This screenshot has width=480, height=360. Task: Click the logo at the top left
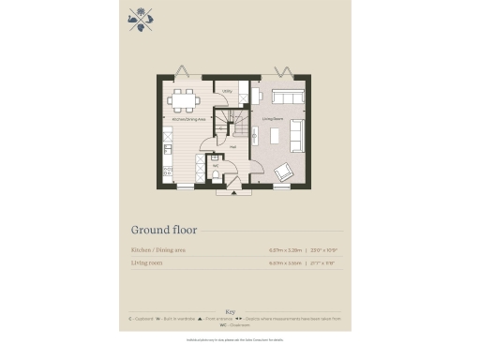pos(140,20)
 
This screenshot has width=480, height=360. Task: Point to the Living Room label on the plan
pos(273,120)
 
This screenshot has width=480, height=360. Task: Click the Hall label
pos(232,147)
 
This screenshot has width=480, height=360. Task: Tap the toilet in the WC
pos(216,173)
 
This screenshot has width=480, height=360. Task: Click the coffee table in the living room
pos(276,136)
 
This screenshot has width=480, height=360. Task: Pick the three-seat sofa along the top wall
pos(283,96)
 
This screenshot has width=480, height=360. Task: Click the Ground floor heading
pos(161,230)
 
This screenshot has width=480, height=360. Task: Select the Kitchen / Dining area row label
pos(159,250)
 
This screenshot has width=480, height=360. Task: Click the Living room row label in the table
pos(150,263)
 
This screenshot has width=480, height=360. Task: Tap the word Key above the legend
pos(232,311)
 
